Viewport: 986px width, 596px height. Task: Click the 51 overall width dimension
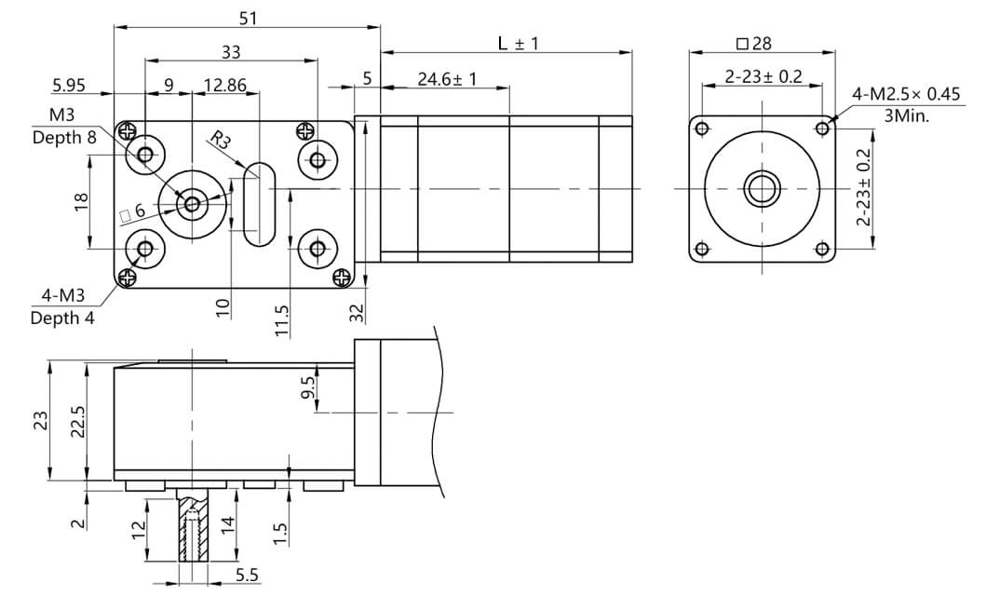click(x=247, y=18)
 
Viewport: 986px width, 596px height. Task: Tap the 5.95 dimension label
click(x=69, y=85)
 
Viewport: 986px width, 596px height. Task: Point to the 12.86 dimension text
click(x=224, y=85)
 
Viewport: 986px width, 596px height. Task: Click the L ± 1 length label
click(x=519, y=43)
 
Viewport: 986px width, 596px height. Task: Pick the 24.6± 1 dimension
click(x=447, y=79)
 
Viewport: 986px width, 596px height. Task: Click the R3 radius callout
click(x=220, y=141)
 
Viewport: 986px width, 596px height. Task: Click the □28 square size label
click(x=753, y=44)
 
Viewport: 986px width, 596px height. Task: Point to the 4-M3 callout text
click(x=62, y=297)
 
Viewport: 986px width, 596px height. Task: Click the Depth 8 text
click(x=63, y=137)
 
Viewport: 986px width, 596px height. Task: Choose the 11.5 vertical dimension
click(x=282, y=319)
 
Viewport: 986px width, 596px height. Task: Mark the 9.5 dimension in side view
click(x=309, y=386)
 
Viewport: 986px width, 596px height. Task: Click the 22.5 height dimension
click(x=79, y=421)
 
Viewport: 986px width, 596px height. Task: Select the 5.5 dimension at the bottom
click(x=247, y=576)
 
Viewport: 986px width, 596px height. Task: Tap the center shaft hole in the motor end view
click(x=763, y=190)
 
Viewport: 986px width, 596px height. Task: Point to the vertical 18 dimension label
click(x=81, y=202)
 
